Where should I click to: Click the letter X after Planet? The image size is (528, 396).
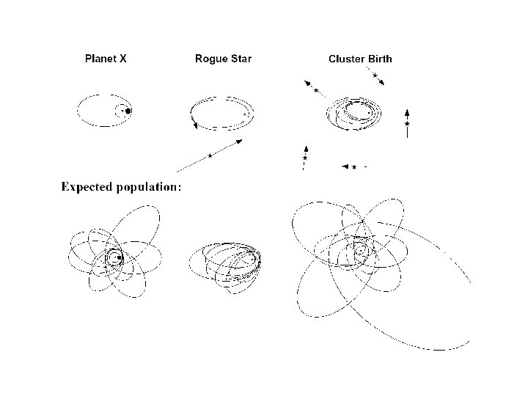(x=123, y=59)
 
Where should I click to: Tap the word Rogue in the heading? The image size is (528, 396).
(x=210, y=59)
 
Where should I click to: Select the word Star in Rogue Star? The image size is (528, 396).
(x=241, y=59)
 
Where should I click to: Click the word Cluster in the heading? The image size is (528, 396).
(x=348, y=59)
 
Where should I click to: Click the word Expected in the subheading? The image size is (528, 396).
(x=87, y=187)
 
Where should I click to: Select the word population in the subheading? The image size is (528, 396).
(x=147, y=188)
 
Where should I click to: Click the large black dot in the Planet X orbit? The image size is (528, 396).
(x=128, y=111)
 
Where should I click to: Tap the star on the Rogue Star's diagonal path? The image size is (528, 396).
(x=210, y=155)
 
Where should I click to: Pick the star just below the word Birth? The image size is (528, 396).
(x=375, y=76)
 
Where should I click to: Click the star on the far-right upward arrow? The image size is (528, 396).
(x=407, y=125)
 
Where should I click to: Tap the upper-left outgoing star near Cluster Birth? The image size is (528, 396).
(x=316, y=91)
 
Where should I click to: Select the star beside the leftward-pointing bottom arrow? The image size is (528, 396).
(x=354, y=167)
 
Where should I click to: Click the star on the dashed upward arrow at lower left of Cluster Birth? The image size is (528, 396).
(x=304, y=158)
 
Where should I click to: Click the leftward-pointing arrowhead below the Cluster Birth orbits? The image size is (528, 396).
(x=345, y=166)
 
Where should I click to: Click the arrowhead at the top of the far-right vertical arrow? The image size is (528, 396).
(x=407, y=111)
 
